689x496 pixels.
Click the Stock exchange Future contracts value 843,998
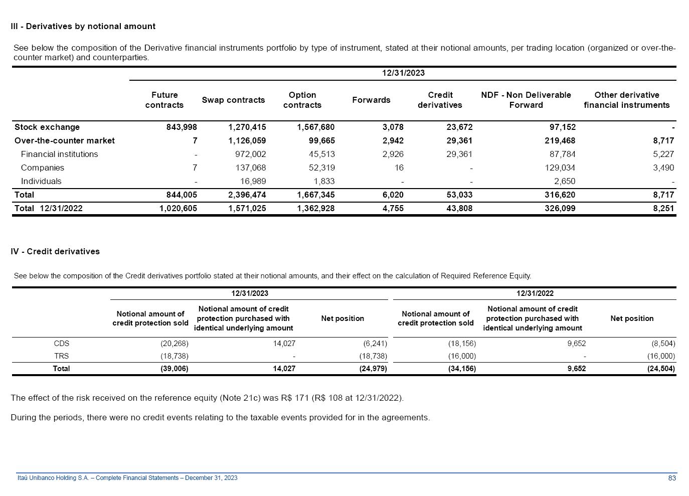pos(182,127)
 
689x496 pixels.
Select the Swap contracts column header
pos(233,100)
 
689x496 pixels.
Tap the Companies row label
pos(43,168)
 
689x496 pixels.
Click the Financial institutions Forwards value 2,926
pos(393,154)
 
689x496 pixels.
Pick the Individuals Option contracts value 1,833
pos(324,182)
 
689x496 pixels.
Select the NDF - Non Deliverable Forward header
pos(526,100)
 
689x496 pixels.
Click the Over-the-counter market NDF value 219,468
pos(560,141)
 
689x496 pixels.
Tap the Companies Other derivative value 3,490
pos(663,168)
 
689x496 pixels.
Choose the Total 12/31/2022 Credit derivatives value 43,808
pos(459,209)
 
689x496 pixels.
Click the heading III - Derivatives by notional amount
pos(83,27)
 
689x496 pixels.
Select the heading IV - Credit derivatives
pos(55,252)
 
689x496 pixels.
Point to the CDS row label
pos(62,344)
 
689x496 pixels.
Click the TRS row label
pos(62,357)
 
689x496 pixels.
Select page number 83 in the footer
pos(672,478)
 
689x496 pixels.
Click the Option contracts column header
pos(302,100)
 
